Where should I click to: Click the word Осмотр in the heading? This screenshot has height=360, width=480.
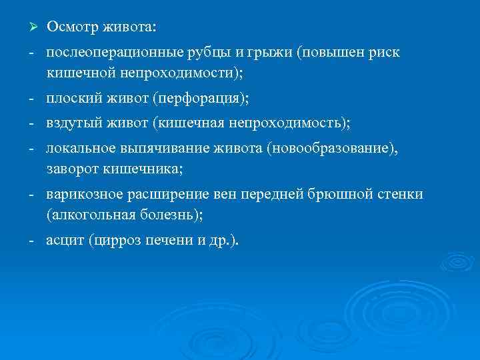tap(72, 27)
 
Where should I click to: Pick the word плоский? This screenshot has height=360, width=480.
tap(73, 99)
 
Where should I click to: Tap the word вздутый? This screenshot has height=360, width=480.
tap(74, 123)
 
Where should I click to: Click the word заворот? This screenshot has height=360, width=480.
tap(72, 169)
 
